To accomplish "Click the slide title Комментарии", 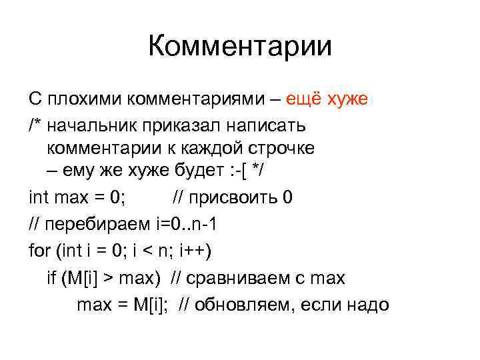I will point(239,47).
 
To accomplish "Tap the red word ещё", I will point(304,100).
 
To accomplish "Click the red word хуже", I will point(348,100).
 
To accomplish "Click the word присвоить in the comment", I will point(233,198).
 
